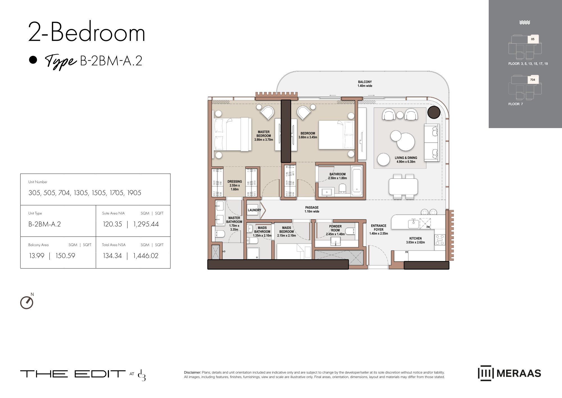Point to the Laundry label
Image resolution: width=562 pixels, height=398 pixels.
[x=254, y=210]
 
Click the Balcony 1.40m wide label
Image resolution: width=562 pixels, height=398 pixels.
[x=365, y=84]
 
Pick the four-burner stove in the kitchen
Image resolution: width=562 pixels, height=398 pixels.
[x=440, y=240]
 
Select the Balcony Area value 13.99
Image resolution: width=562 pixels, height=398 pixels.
[x=37, y=256]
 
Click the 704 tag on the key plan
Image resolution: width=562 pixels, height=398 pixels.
[x=533, y=80]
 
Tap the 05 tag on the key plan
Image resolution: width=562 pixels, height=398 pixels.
[x=533, y=39]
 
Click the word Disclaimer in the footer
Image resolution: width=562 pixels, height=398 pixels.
[x=192, y=372]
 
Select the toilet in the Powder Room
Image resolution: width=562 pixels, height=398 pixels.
[x=350, y=231]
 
